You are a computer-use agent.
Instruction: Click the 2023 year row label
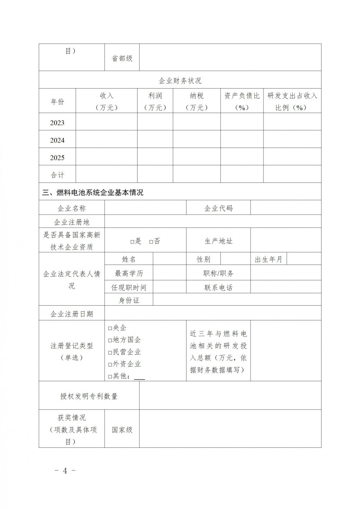pos(57,123)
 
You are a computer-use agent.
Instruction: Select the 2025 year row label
pos(57,158)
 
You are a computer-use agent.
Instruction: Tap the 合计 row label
pos(57,175)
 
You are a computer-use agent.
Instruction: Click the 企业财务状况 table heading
pos(180,81)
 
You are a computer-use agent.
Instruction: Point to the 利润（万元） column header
pos(155,102)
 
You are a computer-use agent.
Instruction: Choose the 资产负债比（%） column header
pos(242,102)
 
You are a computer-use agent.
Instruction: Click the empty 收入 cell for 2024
pos(107,140)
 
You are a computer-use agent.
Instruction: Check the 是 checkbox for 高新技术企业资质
pos(132,242)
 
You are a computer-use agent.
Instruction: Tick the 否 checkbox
pos(151,242)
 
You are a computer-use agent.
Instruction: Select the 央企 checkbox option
pos(110,328)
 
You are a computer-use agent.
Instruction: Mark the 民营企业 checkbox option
pos(110,352)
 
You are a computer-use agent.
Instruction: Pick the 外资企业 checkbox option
pos(110,365)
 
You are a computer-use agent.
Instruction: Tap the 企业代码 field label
pos(218,208)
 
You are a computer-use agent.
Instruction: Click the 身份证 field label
pos(129,300)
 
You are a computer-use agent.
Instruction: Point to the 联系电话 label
pos(218,288)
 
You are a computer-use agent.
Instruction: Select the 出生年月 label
pos(269,259)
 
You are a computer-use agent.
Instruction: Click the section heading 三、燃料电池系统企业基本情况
pos(93,193)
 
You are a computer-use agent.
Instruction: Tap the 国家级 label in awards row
pos(122,430)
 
